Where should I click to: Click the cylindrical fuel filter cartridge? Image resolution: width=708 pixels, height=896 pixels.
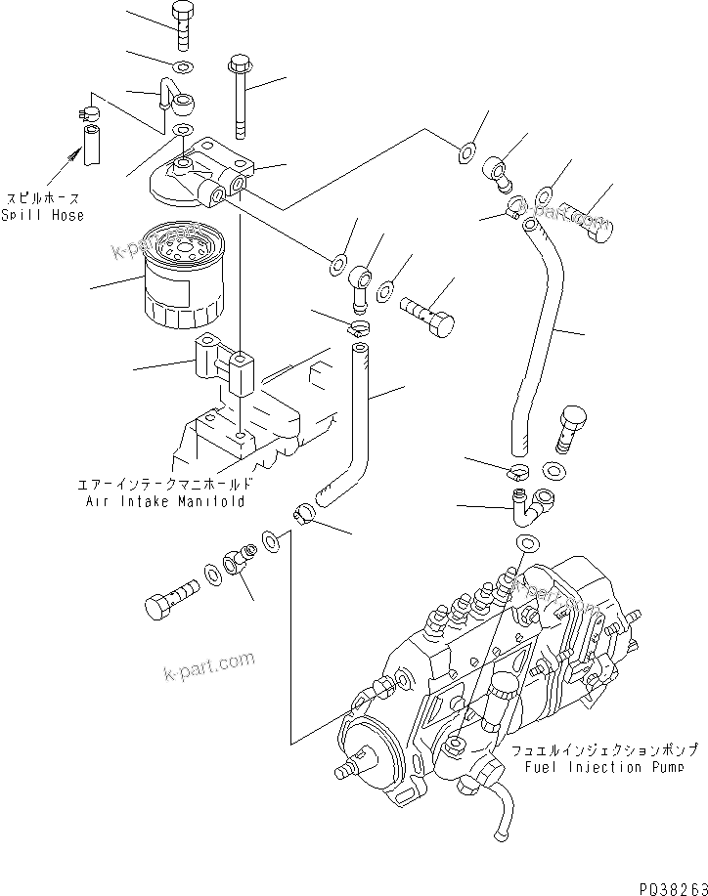[183, 276]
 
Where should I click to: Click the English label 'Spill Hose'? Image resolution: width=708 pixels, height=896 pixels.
[42, 215]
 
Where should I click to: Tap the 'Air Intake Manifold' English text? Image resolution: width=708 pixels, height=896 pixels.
[163, 500]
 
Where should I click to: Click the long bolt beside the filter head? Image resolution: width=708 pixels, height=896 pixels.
[240, 99]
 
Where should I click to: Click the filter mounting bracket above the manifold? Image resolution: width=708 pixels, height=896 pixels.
[224, 365]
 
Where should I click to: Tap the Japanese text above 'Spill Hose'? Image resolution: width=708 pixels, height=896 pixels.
[42, 196]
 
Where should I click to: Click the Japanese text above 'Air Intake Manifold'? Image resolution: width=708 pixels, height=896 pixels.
[163, 484]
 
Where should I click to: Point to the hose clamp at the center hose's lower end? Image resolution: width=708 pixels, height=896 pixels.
[304, 510]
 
